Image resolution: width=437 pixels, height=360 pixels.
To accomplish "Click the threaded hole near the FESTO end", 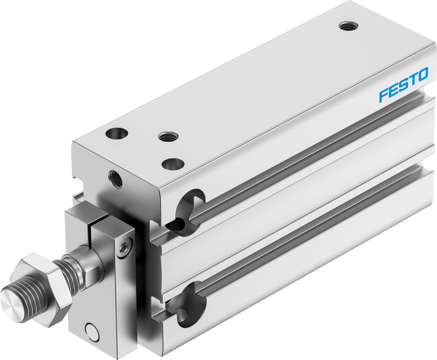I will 348,26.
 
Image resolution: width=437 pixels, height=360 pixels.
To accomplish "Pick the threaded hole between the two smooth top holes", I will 165,137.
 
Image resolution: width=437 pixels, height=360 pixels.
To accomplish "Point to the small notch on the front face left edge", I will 76,179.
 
